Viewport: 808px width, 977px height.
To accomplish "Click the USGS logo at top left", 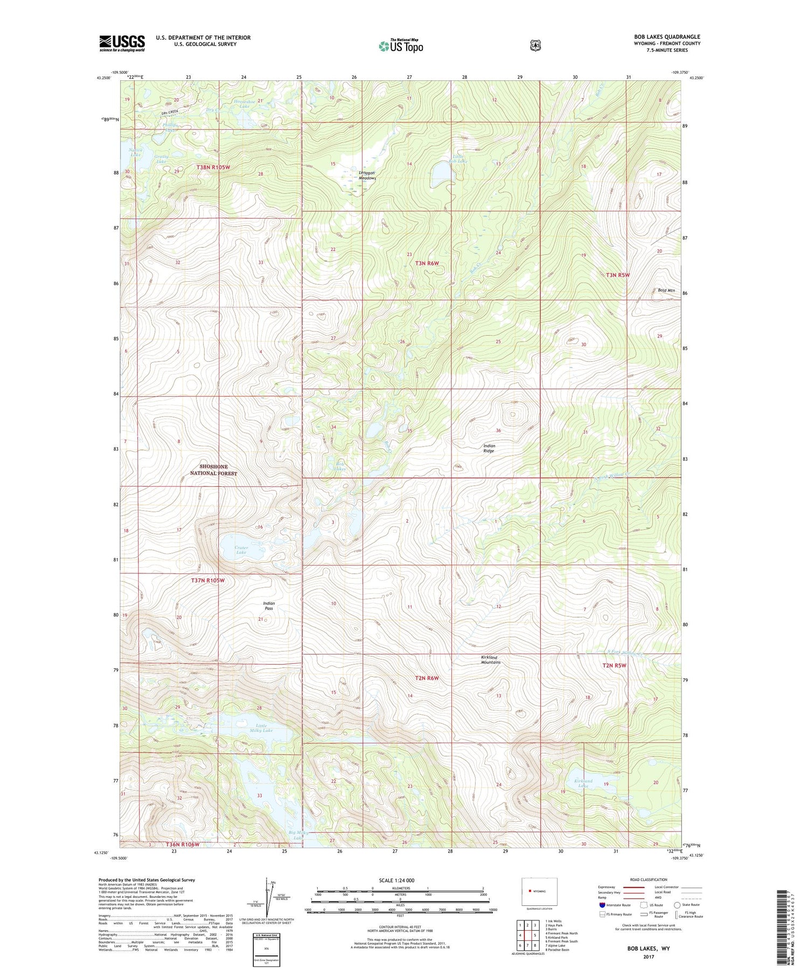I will coord(122,43).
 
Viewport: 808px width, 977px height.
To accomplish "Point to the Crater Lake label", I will coord(241,550).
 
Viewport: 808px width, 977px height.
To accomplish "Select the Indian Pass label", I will coord(269,606).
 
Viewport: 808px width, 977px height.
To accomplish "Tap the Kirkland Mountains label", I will coord(490,660).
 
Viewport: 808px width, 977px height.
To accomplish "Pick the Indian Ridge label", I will coord(489,448).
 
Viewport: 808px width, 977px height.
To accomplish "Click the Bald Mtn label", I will coord(666,290).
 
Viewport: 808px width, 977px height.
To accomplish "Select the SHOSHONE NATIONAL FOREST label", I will coord(213,470).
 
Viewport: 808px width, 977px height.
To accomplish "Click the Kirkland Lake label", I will coord(583,783).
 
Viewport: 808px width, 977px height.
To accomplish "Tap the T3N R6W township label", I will coord(427,263).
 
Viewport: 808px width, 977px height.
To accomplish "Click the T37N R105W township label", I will coord(207,580).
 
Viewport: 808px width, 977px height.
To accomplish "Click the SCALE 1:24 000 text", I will coord(396,881).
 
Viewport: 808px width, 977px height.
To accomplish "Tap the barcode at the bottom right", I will coord(786,926).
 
